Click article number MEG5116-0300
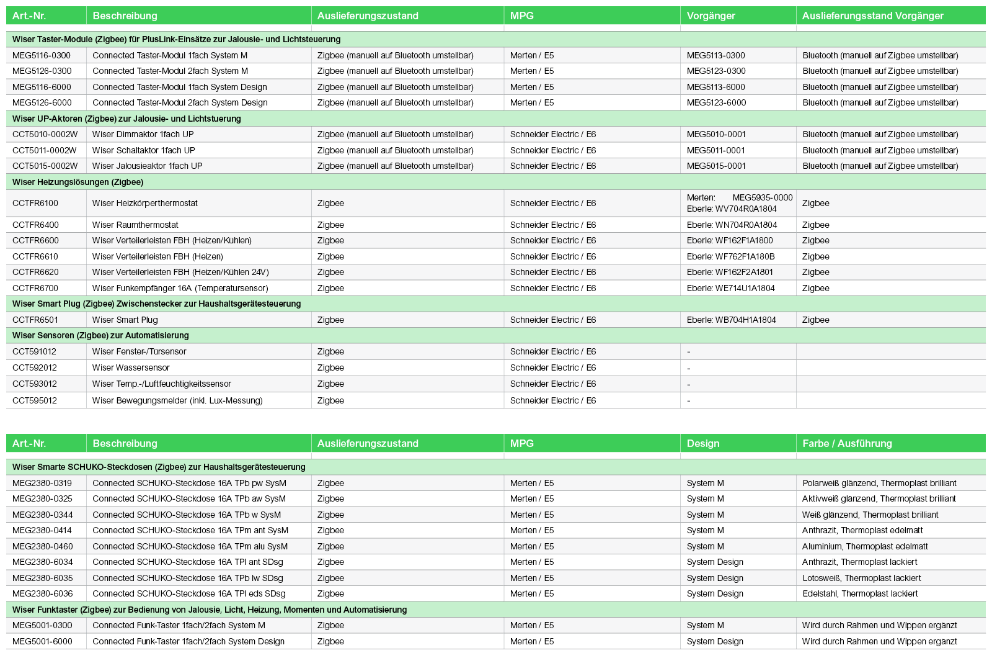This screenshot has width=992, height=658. [42, 55]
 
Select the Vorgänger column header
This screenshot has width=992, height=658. [711, 16]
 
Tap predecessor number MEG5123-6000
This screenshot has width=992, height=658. [716, 102]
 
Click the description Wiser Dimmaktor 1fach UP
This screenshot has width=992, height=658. [143, 134]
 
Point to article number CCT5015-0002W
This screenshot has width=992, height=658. [45, 166]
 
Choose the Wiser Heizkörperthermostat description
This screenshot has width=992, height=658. [145, 203]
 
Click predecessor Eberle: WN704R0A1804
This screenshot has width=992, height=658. [732, 225]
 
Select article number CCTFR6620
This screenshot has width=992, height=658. [35, 272]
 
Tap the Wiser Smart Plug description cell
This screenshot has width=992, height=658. [125, 320]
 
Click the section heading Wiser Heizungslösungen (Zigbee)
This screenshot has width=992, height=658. [77, 182]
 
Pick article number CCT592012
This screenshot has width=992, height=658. [35, 367]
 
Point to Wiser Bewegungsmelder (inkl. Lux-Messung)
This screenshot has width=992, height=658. [177, 400]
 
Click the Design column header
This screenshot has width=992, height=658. [703, 443]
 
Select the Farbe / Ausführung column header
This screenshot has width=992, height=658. [847, 443]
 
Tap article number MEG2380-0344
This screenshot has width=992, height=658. [42, 515]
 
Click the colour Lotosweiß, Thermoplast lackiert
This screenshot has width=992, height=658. [861, 578]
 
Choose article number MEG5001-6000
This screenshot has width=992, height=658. [42, 641]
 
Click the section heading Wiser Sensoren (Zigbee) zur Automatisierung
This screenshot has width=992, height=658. [100, 335]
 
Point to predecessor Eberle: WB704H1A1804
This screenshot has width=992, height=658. [731, 320]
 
